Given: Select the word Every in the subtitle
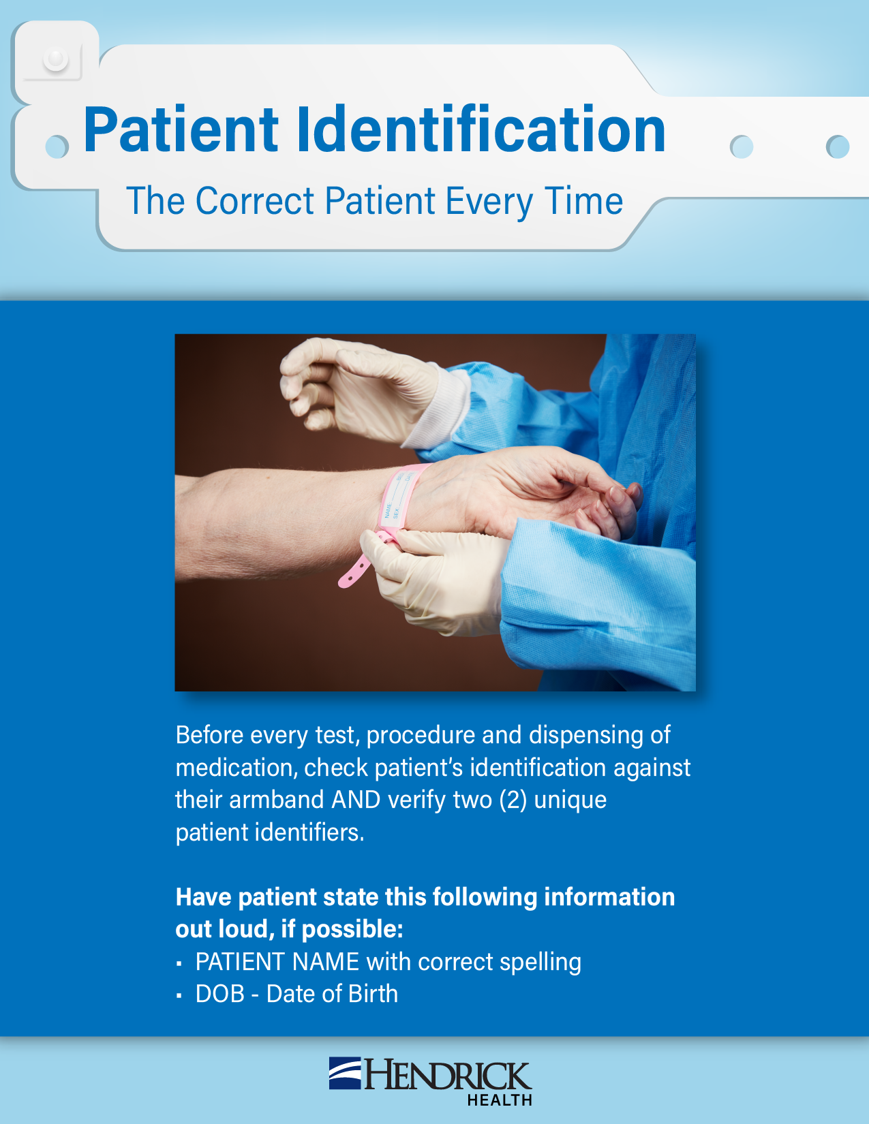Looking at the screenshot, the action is pyautogui.click(x=489, y=202).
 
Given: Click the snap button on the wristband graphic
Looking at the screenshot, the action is pyautogui.click(x=56, y=59).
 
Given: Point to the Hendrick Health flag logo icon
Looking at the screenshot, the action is pyautogui.click(x=345, y=1074).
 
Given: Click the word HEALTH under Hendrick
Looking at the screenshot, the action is pyautogui.click(x=500, y=1100).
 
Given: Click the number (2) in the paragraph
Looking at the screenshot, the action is pyautogui.click(x=513, y=800).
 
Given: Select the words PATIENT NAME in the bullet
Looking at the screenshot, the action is pyautogui.click(x=277, y=962).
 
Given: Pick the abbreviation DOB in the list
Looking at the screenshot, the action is pyautogui.click(x=220, y=994).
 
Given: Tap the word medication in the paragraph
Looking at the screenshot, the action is pyautogui.click(x=237, y=768).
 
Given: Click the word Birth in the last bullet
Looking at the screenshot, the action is pyautogui.click(x=373, y=994).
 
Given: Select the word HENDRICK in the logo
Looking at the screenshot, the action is pyautogui.click(x=448, y=1076).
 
